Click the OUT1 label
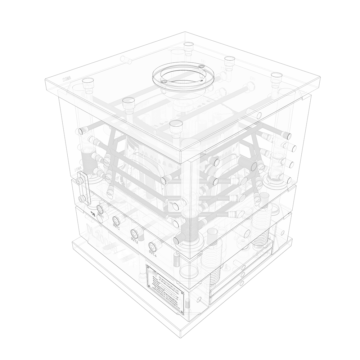pyautogui.click(x=100, y=217)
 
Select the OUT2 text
pyautogui.click(x=116, y=226)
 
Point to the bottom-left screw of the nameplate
pyautogui.click(x=148, y=285)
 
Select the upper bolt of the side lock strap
pyautogui.click(x=80, y=179)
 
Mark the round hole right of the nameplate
pyautogui.click(x=199, y=298)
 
